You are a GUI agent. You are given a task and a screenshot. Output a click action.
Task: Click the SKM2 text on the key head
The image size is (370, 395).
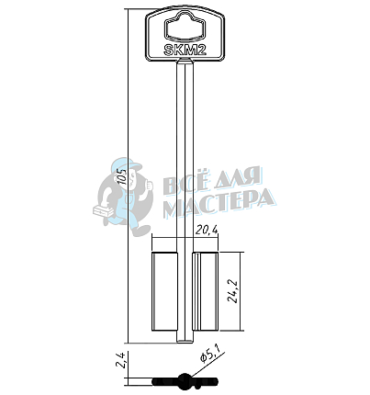[185, 50]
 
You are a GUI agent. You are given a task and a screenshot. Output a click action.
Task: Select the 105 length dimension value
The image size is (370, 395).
[122, 176]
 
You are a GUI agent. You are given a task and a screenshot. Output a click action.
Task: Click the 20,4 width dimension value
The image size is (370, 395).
[207, 231]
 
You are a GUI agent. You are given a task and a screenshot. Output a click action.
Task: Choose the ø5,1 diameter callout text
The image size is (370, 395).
[211, 355]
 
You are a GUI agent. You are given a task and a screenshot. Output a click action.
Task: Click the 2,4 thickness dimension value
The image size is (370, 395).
[122, 360]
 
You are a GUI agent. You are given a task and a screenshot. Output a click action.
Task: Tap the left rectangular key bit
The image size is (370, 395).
[164, 291]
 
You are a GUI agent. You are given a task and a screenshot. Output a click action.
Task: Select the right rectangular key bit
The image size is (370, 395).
[206, 291]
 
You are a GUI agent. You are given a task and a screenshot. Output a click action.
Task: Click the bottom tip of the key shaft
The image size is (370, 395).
[185, 343]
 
